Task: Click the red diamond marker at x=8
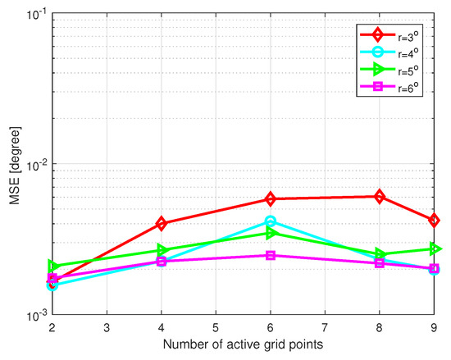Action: (x=379, y=197)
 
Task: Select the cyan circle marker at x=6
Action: (x=271, y=221)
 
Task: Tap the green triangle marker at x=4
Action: (x=162, y=249)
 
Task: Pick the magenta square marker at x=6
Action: (x=271, y=255)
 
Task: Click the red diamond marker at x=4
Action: (x=162, y=223)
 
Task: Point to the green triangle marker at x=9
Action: (x=434, y=248)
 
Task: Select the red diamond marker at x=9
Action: (x=434, y=220)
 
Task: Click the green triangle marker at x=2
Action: (x=52, y=266)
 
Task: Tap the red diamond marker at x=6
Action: (x=271, y=199)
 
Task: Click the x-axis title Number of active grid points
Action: (x=244, y=348)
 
